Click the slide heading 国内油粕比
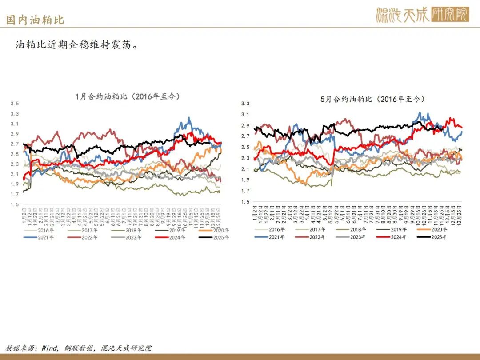[x=35, y=20]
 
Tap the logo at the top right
[x=422, y=15]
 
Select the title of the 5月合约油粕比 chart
[x=372, y=99]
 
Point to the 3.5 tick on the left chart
[x=15, y=104]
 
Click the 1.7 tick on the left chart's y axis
[x=15, y=194]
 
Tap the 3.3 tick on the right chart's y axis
[x=245, y=104]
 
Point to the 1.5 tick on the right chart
[x=245, y=202]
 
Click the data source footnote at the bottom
[x=79, y=348]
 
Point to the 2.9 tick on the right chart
[x=245, y=125]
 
